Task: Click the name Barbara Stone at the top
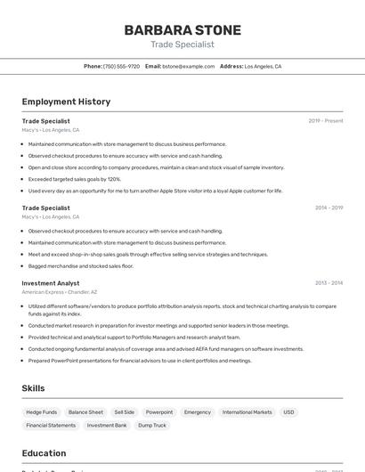click(x=182, y=29)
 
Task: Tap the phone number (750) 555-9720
click(x=121, y=66)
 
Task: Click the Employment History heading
click(x=66, y=102)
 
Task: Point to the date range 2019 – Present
click(x=326, y=120)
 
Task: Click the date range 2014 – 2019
click(x=328, y=208)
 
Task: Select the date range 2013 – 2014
click(x=328, y=283)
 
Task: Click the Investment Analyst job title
click(x=51, y=283)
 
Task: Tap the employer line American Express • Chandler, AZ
click(x=60, y=292)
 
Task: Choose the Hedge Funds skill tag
click(x=42, y=412)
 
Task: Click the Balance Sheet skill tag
click(x=85, y=412)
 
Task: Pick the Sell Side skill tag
click(x=125, y=412)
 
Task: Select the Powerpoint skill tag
click(x=159, y=412)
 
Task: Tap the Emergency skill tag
click(x=198, y=412)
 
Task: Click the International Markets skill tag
click(x=247, y=412)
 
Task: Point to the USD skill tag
click(x=288, y=412)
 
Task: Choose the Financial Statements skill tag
click(x=51, y=426)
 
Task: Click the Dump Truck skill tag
click(x=152, y=426)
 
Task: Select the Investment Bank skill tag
click(x=107, y=426)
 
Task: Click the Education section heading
click(x=44, y=453)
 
